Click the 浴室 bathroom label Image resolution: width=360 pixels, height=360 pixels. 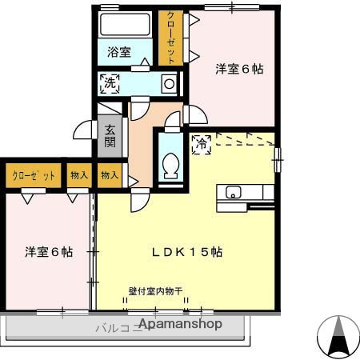coord(119,52)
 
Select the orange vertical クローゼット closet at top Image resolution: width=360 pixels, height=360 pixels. coord(169,38)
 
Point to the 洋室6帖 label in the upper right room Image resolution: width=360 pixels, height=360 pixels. coord(238,70)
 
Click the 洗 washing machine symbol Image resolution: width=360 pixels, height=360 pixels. coord(108,82)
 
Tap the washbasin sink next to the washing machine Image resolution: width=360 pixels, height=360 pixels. coord(167,83)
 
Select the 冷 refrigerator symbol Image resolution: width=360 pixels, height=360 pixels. coord(202,144)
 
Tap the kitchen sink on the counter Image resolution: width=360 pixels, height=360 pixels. coord(234,192)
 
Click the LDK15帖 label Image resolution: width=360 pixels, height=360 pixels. coord(187,251)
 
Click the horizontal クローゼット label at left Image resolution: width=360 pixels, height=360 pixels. coord(33,176)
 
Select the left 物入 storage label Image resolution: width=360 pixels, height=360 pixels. coord(78,176)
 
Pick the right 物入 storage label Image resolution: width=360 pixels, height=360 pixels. coord(110,176)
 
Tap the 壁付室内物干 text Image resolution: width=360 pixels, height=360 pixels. coord(155,290)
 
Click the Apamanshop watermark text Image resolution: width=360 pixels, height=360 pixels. coord(181,325)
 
